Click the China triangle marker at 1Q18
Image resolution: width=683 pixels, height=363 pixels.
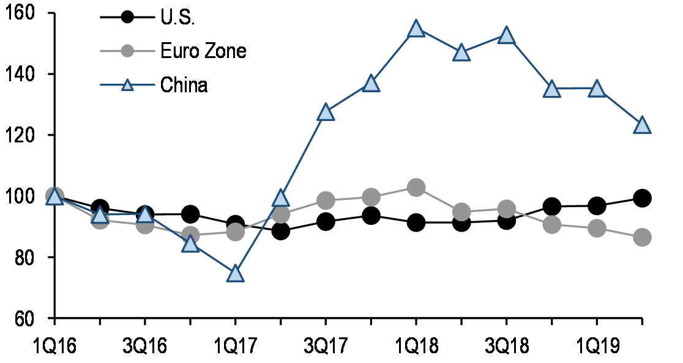point(416,29)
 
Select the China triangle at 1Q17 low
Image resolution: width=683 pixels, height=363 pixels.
point(236,274)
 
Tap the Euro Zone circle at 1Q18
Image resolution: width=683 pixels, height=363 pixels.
point(416,188)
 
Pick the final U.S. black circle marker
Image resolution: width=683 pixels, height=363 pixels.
point(642,198)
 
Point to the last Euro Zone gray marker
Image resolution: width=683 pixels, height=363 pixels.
point(642,238)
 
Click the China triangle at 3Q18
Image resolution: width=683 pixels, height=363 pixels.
point(507,35)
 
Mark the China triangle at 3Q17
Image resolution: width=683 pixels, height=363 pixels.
point(326,112)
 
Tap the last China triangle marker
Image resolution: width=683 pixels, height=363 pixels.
point(642,125)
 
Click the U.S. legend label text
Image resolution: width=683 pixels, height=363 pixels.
point(177,17)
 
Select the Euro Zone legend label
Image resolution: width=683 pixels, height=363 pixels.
point(203,51)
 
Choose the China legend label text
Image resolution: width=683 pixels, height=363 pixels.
point(184,85)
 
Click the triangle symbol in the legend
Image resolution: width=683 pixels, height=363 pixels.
point(127,85)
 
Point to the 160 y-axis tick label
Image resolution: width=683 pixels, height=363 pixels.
point(20,13)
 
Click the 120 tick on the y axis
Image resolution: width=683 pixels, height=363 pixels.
point(20,135)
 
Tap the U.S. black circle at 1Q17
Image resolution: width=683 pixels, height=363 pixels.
point(236,224)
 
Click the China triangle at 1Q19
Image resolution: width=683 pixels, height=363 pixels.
point(597,89)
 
